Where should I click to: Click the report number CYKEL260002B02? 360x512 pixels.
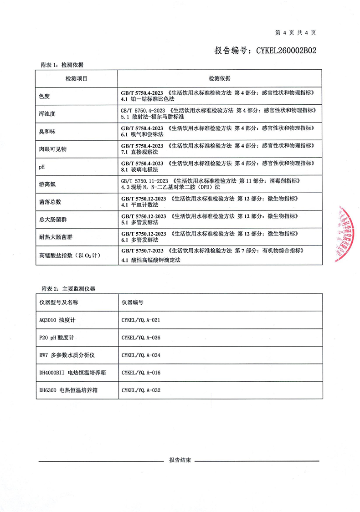(265, 50)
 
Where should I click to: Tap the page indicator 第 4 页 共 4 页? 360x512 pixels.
(296, 32)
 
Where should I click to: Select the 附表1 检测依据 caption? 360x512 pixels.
(62, 65)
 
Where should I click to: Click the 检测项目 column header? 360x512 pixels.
(77, 78)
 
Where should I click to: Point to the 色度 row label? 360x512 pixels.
(45, 96)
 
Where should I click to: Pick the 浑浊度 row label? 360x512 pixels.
(47, 114)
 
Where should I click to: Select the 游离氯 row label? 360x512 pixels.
(47, 185)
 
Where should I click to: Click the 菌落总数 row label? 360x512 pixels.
(50, 201)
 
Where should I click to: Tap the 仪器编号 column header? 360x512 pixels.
(133, 302)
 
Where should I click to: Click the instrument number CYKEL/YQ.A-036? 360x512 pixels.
(141, 338)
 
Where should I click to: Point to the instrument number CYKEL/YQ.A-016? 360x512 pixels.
(141, 373)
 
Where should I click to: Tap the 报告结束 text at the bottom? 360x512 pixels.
(180, 460)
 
